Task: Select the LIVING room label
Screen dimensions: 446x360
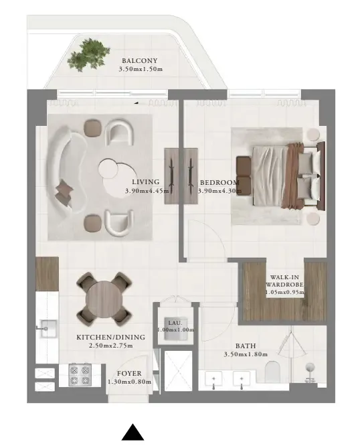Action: pyautogui.click(x=145, y=182)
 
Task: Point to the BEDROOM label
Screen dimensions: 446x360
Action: pyautogui.click(x=219, y=182)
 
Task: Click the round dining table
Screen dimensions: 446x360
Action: pyautogui.click(x=104, y=297)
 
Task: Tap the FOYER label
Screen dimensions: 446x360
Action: pyautogui.click(x=129, y=374)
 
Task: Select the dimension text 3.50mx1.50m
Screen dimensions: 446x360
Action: pyautogui.click(x=141, y=69)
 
